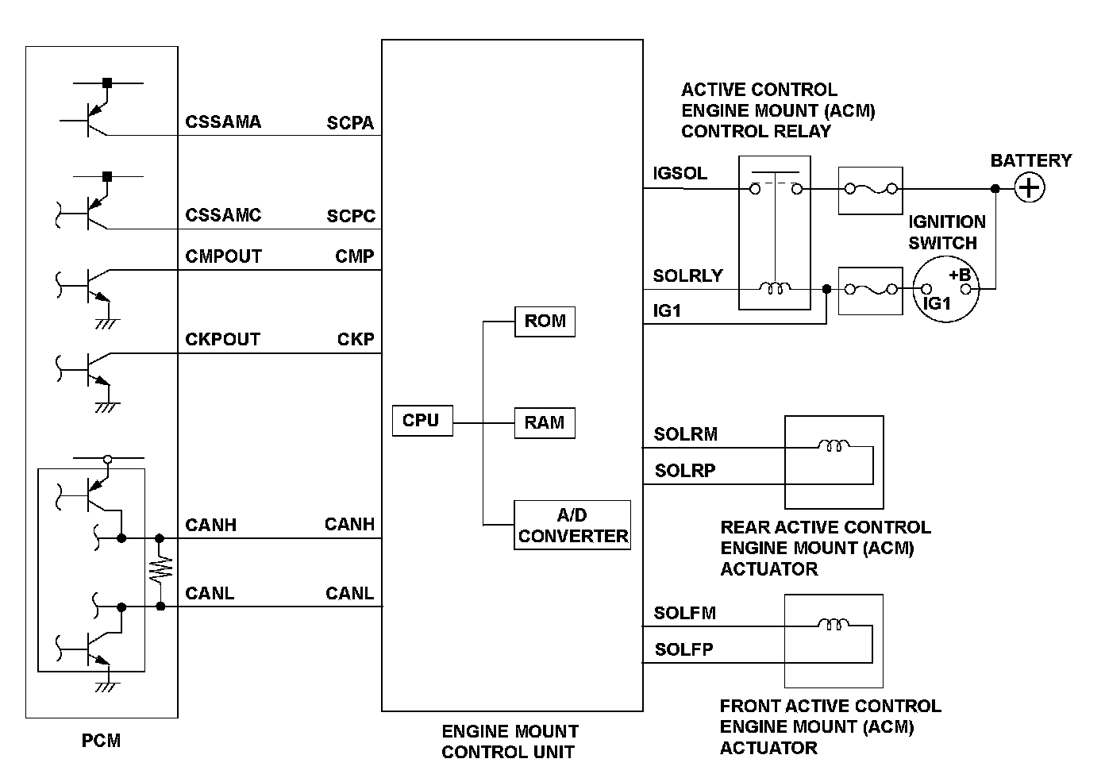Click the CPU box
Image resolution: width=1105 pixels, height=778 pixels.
pyautogui.click(x=422, y=421)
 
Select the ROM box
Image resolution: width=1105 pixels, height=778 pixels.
pyautogui.click(x=545, y=322)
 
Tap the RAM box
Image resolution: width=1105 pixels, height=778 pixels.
pyautogui.click(x=545, y=423)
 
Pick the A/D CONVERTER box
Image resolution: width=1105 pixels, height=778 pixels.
pyautogui.click(x=572, y=526)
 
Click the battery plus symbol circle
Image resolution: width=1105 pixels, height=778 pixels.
pyautogui.click(x=1030, y=188)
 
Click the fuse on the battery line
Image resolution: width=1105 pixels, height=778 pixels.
pyautogui.click(x=870, y=190)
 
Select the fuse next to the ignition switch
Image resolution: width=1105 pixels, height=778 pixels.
pyautogui.click(x=870, y=290)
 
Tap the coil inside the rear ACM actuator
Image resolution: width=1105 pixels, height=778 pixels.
pyautogui.click(x=834, y=446)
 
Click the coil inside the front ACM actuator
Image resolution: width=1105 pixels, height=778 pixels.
pyautogui.click(x=833, y=625)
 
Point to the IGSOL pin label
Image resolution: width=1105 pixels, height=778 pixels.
pyautogui.click(x=680, y=174)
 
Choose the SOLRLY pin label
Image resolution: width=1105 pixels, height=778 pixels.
pyautogui.click(x=687, y=276)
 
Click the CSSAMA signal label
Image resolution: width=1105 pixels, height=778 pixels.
pyautogui.click(x=223, y=122)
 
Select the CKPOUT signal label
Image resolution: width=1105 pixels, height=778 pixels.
pyautogui.click(x=222, y=340)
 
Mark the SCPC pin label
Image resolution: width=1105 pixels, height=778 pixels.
pyautogui.click(x=351, y=217)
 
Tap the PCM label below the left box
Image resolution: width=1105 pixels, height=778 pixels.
pyautogui.click(x=102, y=741)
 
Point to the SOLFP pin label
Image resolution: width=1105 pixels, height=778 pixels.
pyautogui.click(x=683, y=650)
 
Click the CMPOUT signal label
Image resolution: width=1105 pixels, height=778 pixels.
pyautogui.click(x=223, y=257)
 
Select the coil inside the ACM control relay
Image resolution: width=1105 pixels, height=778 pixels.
pyautogui.click(x=775, y=289)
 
